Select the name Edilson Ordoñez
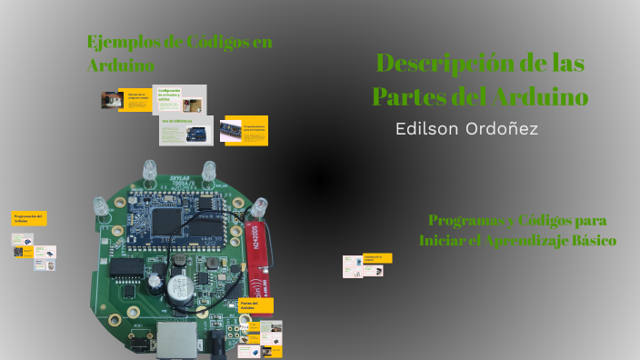(466, 129)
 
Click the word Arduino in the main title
(542, 96)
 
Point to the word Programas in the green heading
(466, 221)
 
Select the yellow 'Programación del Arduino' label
(29, 217)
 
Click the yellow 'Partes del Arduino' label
(255, 305)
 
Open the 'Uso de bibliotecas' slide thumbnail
(186, 130)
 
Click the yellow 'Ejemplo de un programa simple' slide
(137, 100)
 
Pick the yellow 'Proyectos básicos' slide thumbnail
(244, 129)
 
